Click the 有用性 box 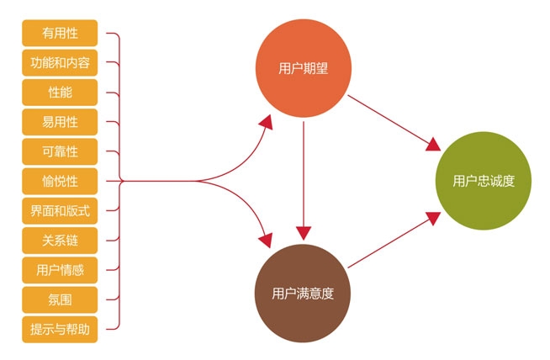point(60,33)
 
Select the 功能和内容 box point(60,63)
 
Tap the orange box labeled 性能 point(60,93)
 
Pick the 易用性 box point(60,122)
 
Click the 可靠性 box point(60,151)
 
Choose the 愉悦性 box point(60,182)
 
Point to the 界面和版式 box point(60,211)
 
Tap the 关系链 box point(60,241)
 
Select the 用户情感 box point(60,270)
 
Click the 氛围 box point(60,300)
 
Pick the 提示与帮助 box point(60,330)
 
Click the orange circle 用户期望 point(304,68)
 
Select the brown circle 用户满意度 point(303,294)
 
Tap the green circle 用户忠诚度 point(484,181)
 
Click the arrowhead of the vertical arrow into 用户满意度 point(304,233)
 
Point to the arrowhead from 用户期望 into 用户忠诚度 point(434,144)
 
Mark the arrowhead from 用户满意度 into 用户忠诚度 point(434,218)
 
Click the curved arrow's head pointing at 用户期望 point(267,122)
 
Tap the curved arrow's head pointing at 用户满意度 point(266,240)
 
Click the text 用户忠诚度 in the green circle point(484,181)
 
